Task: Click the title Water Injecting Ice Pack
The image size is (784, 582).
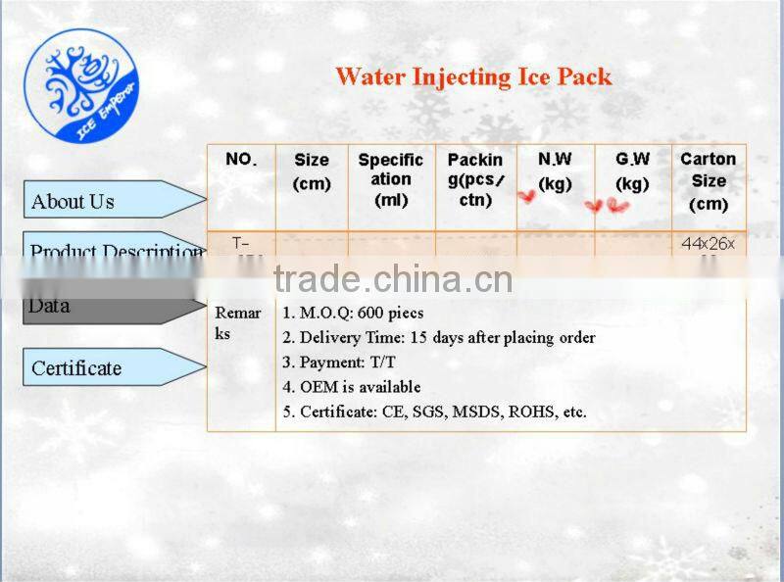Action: click(x=473, y=76)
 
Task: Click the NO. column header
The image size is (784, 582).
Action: click(x=241, y=160)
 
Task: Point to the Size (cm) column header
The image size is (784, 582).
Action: click(x=312, y=171)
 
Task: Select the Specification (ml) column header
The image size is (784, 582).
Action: click(x=391, y=179)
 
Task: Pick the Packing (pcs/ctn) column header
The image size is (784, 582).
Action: click(x=475, y=179)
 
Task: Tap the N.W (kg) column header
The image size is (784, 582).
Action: click(x=555, y=171)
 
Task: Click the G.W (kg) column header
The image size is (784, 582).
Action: click(x=633, y=171)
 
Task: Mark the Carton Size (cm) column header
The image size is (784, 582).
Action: click(x=709, y=181)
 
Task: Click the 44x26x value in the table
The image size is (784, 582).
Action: click(x=708, y=244)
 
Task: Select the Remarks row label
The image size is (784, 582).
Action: click(x=238, y=323)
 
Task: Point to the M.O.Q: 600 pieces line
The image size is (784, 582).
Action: click(x=353, y=314)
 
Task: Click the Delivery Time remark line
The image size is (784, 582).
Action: click(x=438, y=338)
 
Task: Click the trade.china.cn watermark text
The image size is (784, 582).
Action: click(x=392, y=280)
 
